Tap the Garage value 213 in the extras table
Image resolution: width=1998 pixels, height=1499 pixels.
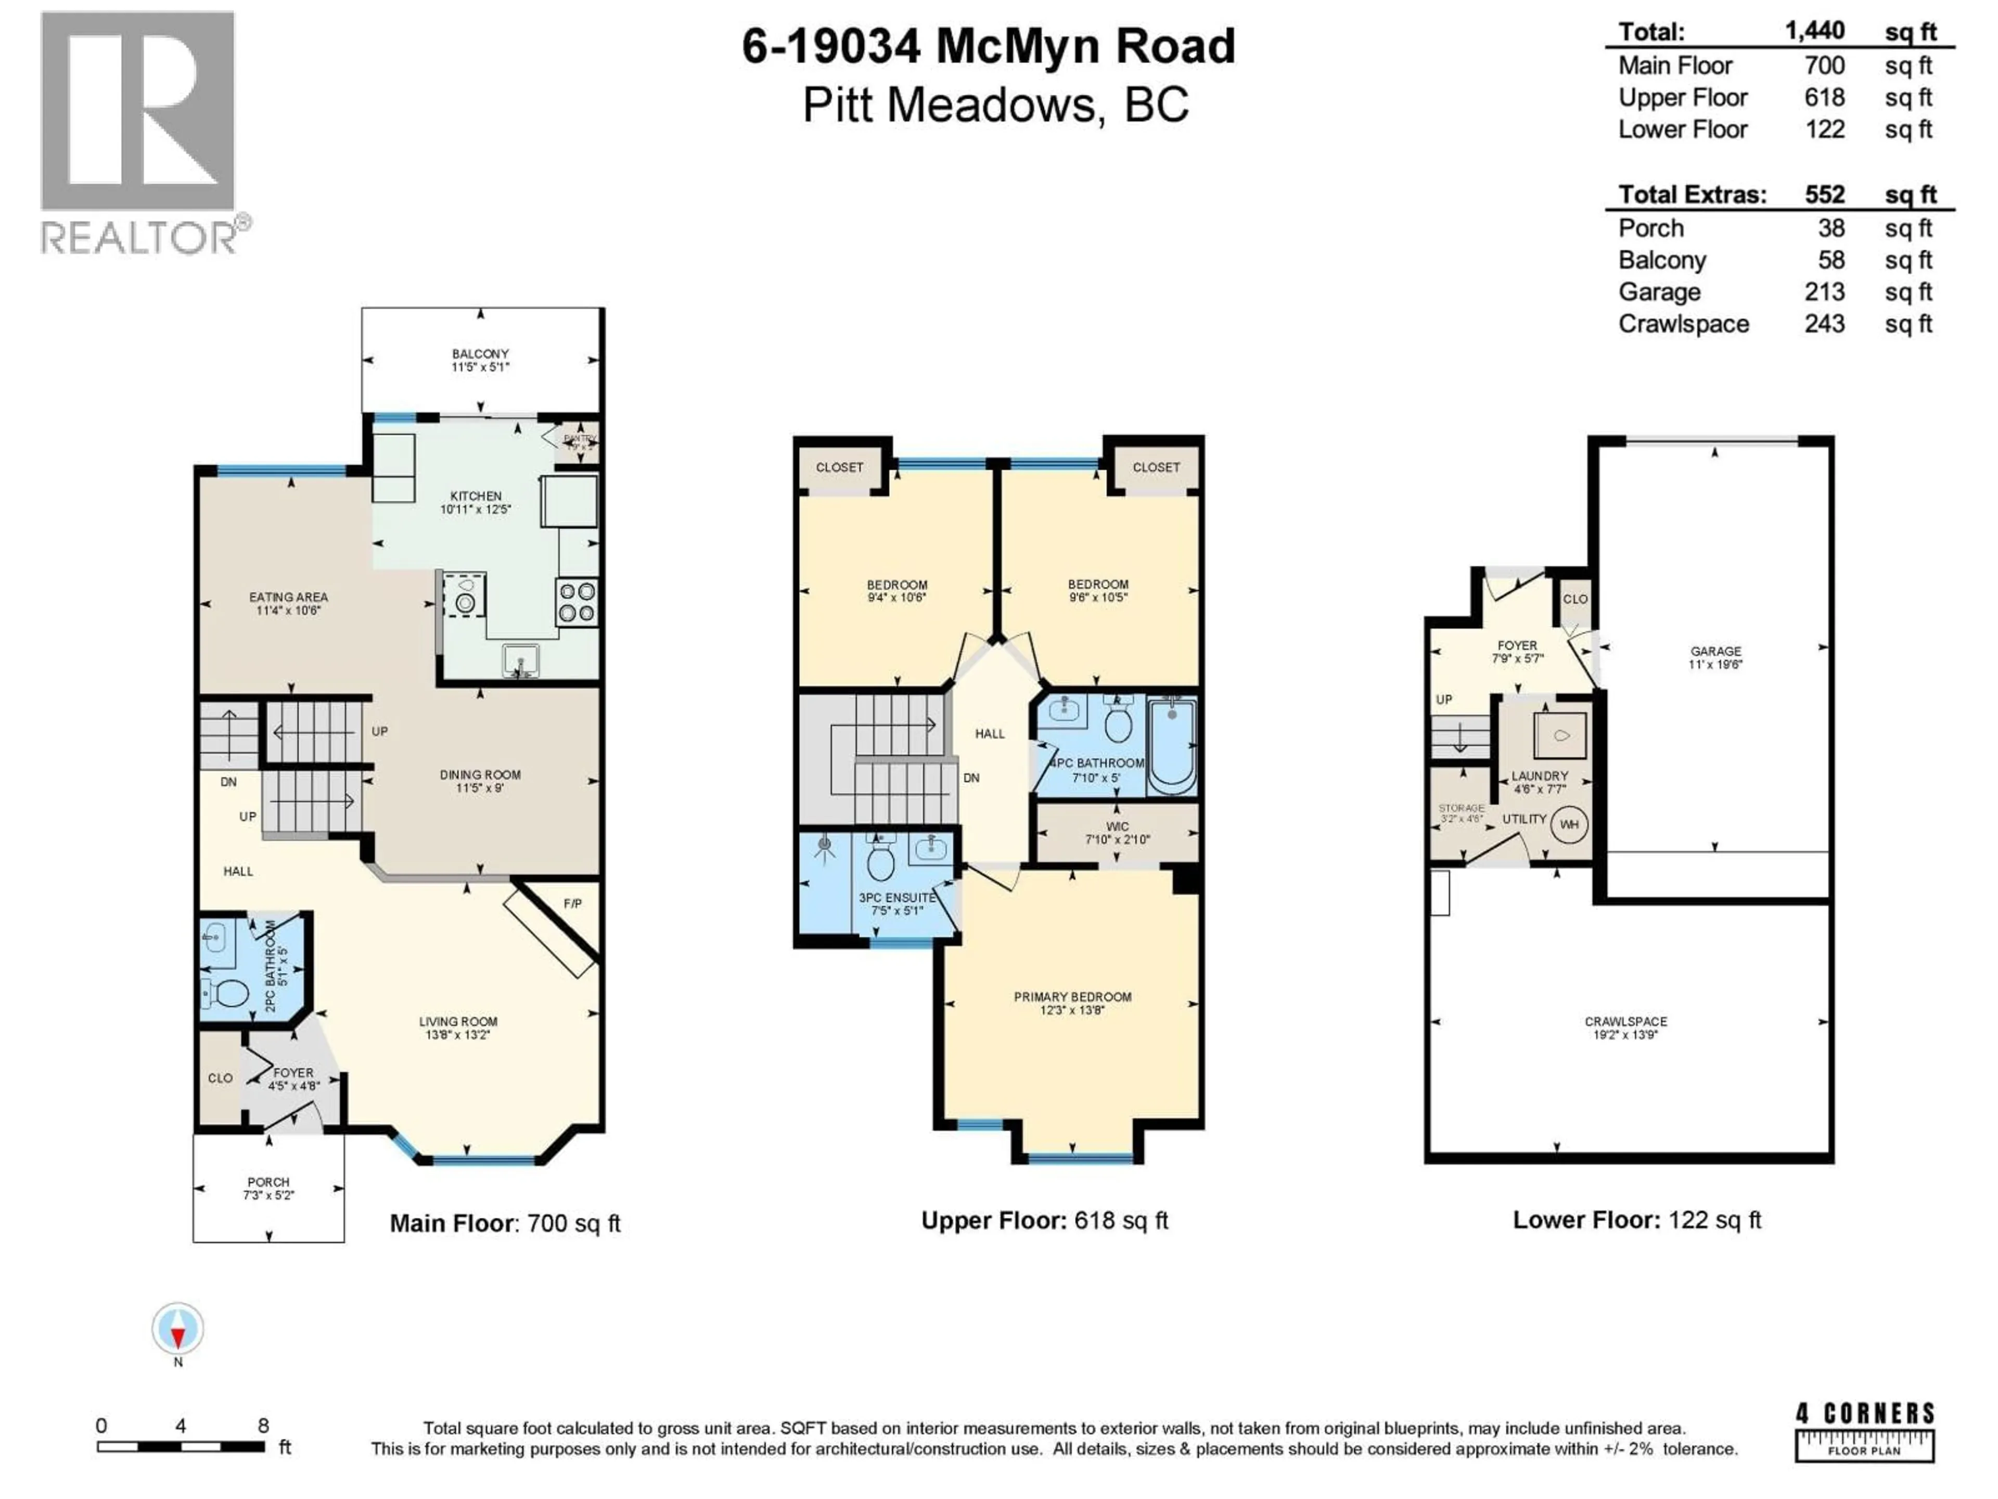coord(1824,292)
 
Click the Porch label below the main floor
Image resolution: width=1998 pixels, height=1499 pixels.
coord(268,1182)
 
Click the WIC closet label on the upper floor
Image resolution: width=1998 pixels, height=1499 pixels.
coord(1117,827)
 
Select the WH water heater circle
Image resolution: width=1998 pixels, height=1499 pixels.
coord(1569,824)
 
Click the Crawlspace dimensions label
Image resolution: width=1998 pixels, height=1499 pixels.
coord(1625,1035)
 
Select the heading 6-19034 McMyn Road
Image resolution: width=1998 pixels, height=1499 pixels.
coord(988,46)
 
